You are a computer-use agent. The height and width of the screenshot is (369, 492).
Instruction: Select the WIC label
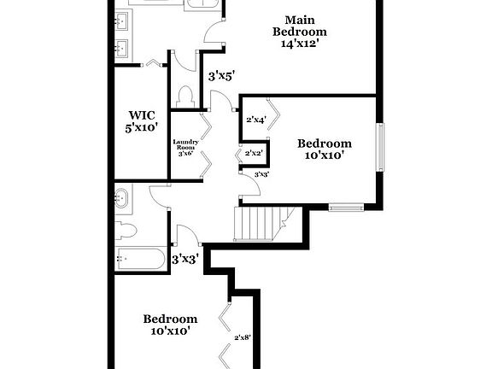coord(141,114)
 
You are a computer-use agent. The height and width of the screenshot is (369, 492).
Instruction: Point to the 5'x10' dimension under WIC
coord(141,129)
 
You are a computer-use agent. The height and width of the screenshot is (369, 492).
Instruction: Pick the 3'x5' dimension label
coord(221,75)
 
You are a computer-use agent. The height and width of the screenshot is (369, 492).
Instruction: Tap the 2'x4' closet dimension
coord(255,120)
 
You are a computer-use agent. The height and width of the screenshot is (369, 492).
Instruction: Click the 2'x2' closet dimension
coord(254,153)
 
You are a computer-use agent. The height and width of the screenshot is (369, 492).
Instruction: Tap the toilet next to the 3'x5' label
coord(185,96)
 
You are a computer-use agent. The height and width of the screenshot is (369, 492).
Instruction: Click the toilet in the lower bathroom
coord(125,229)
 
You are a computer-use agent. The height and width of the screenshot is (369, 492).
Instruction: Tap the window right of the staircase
coord(347,206)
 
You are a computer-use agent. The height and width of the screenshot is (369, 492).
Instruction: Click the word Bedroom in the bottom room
coord(170,319)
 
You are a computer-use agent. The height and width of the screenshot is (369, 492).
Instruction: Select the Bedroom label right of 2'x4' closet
coord(324,143)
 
